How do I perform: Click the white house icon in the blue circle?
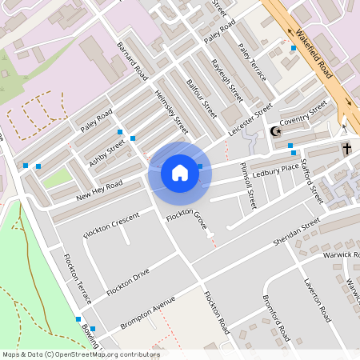(x=180, y=173)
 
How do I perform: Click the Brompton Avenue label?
(x=147, y=314)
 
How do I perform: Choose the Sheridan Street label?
(x=297, y=230)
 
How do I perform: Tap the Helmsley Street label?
(x=170, y=112)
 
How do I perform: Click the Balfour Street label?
(x=201, y=93)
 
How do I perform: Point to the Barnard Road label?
(x=132, y=60)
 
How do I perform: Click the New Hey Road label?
(x=99, y=191)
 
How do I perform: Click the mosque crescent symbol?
(x=278, y=131)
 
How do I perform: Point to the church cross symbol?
(x=347, y=149)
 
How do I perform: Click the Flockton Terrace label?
(x=77, y=278)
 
